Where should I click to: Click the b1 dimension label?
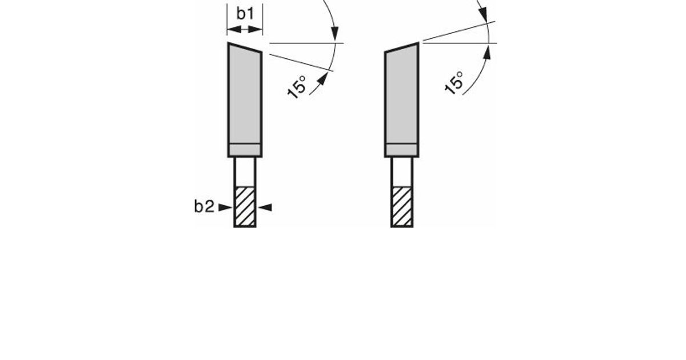coord(245,14)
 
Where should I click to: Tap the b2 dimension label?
coord(204,206)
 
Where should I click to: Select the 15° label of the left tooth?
coord(297,87)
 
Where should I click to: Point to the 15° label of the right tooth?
coord(453,83)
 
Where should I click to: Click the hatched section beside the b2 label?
coord(245,207)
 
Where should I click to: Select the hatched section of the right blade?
coord(402,207)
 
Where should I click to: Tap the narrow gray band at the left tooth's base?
coord(245,150)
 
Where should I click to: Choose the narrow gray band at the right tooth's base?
coord(402,150)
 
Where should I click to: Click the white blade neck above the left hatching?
coord(245,172)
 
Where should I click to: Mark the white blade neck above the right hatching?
coord(402,172)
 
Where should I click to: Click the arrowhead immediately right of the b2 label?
coord(225,207)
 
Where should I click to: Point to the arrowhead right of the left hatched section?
coord(265,207)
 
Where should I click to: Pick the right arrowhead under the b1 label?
coord(256,30)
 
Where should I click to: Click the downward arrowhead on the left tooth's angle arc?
coord(335,33)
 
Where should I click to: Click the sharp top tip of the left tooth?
coord(229,43)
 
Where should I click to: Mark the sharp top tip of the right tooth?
coord(418,43)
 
